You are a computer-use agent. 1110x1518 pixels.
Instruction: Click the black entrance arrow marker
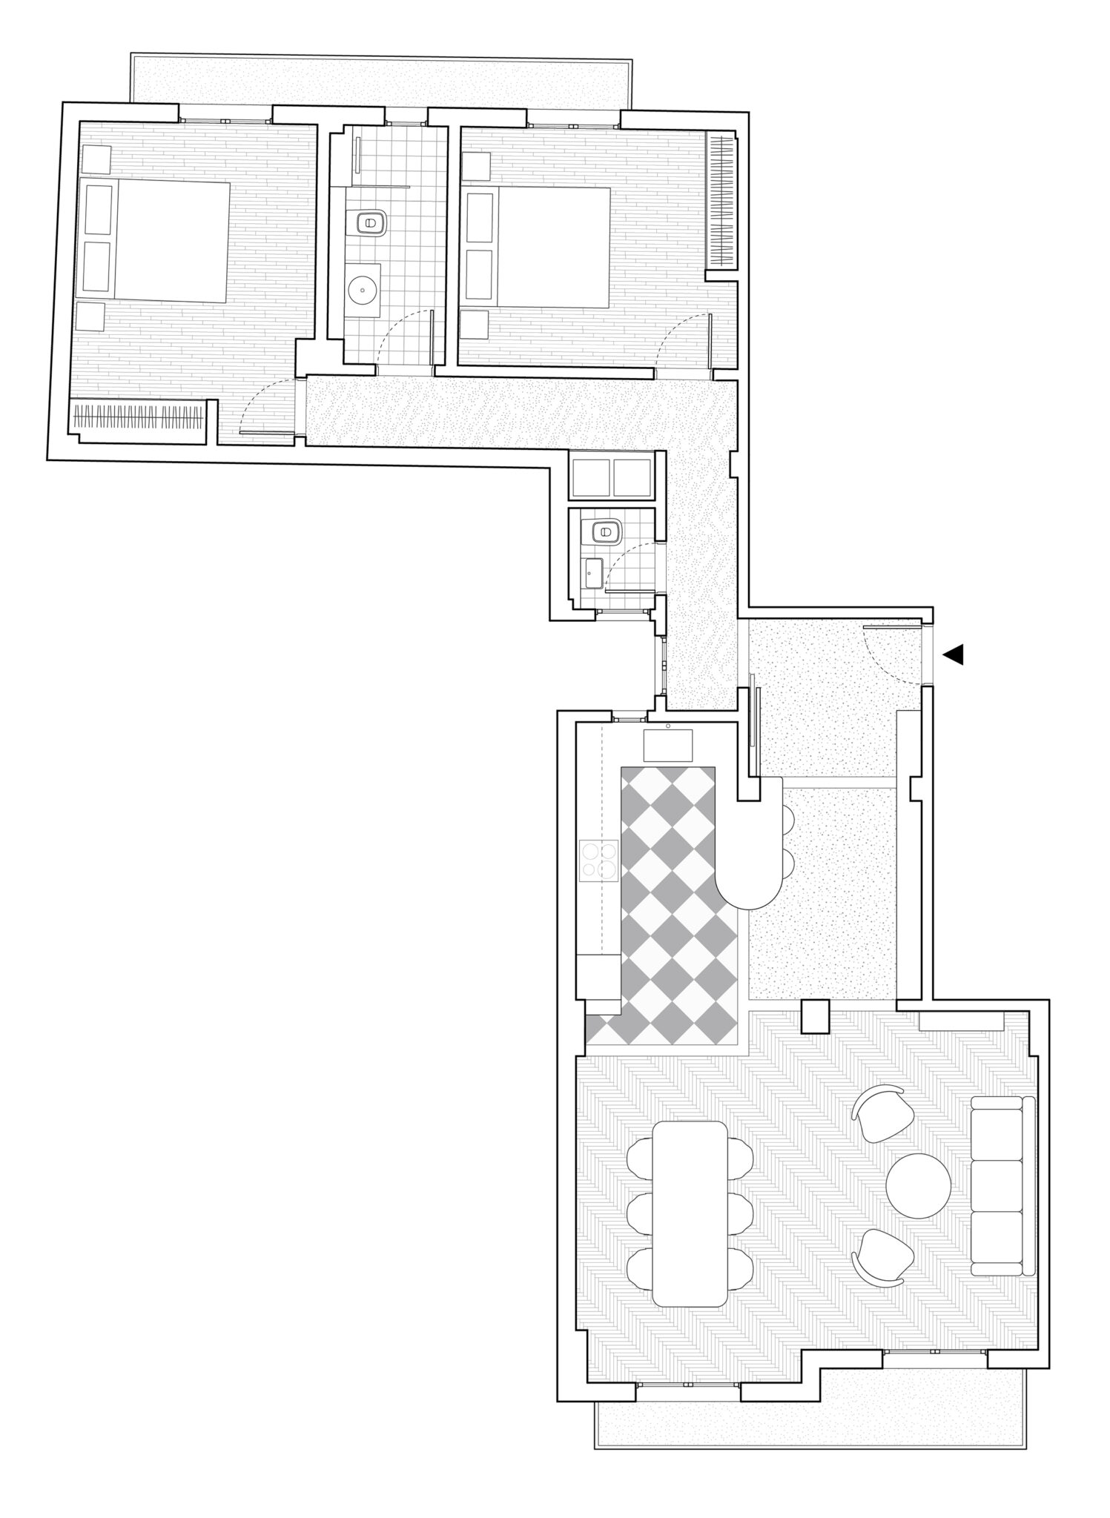click(x=954, y=654)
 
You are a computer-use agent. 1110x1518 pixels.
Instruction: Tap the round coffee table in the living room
click(x=918, y=1184)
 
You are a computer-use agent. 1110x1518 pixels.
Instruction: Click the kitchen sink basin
click(x=667, y=745)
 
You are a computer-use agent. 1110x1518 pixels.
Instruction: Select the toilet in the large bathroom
click(x=369, y=222)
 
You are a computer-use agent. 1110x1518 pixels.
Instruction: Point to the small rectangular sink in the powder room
click(x=593, y=571)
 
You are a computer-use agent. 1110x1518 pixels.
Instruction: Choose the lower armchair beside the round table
click(x=880, y=1257)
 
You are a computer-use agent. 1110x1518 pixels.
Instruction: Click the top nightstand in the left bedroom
click(x=96, y=158)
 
